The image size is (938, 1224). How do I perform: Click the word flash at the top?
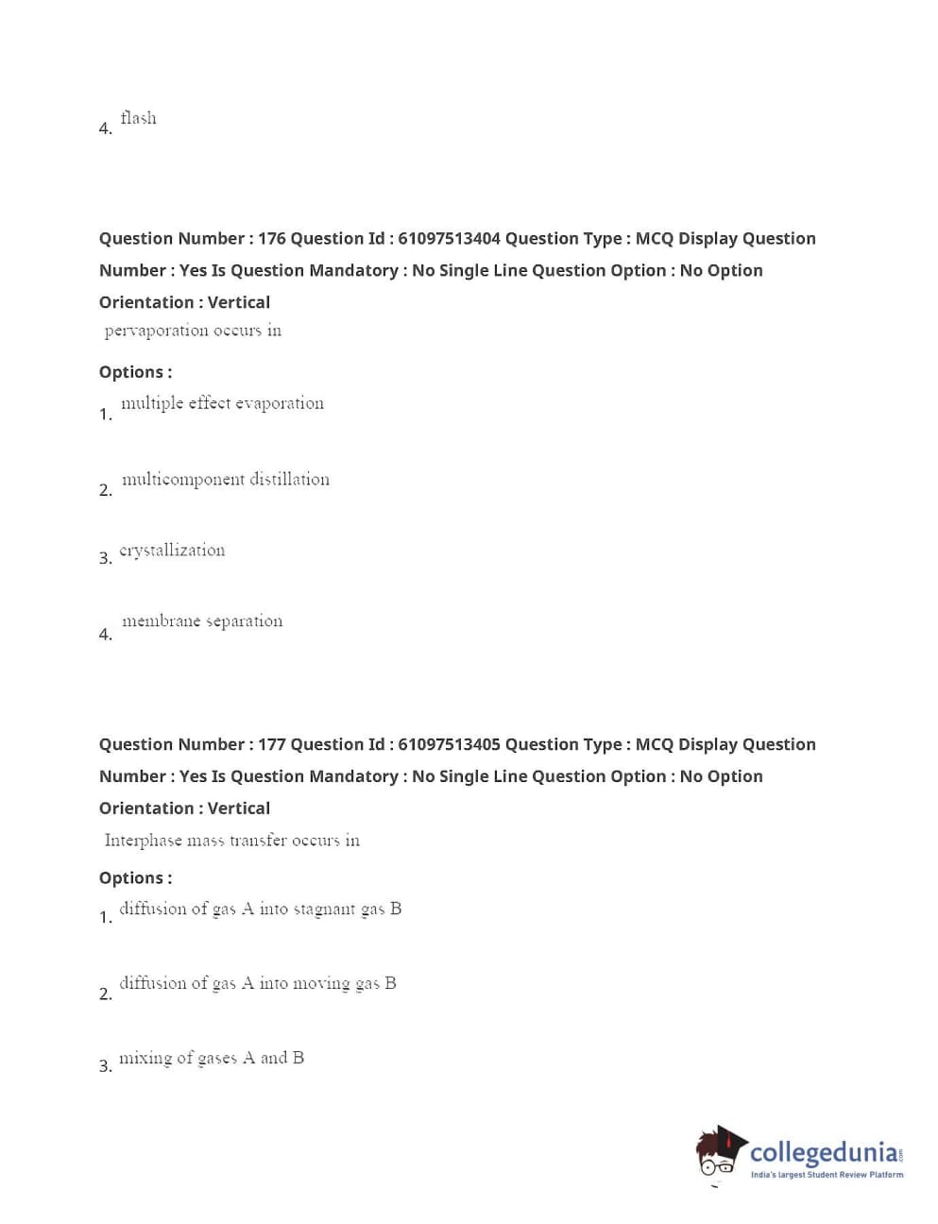pyautogui.click(x=138, y=118)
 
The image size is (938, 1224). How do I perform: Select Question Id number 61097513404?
pyautogui.click(x=449, y=238)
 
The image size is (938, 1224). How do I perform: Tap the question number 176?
pyautogui.click(x=271, y=238)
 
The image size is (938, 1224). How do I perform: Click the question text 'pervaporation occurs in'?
pyautogui.click(x=193, y=331)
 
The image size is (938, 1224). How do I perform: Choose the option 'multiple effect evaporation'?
pyautogui.click(x=222, y=403)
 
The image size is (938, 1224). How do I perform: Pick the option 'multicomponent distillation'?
pyautogui.click(x=225, y=480)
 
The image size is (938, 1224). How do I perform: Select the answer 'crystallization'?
pyautogui.click(x=172, y=551)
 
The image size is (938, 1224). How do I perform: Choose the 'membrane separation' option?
pyautogui.click(x=202, y=621)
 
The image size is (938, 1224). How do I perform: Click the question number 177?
pyautogui.click(x=271, y=744)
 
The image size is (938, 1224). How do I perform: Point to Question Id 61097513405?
pyautogui.click(x=449, y=744)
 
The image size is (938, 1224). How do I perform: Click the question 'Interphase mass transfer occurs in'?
pyautogui.click(x=231, y=841)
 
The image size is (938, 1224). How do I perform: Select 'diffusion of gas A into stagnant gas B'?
pyautogui.click(x=260, y=909)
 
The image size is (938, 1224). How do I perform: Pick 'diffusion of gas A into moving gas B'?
pyautogui.click(x=257, y=984)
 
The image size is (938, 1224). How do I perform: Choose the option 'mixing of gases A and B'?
pyautogui.click(x=212, y=1059)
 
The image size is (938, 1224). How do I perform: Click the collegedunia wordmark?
pyautogui.click(x=824, y=1152)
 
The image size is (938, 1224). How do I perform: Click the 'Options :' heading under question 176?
pyautogui.click(x=135, y=372)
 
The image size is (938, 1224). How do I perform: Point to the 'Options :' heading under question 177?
pyautogui.click(x=135, y=878)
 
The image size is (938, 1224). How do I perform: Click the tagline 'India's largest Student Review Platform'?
pyautogui.click(x=827, y=1175)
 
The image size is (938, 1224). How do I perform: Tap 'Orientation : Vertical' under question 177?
pyautogui.click(x=184, y=808)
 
